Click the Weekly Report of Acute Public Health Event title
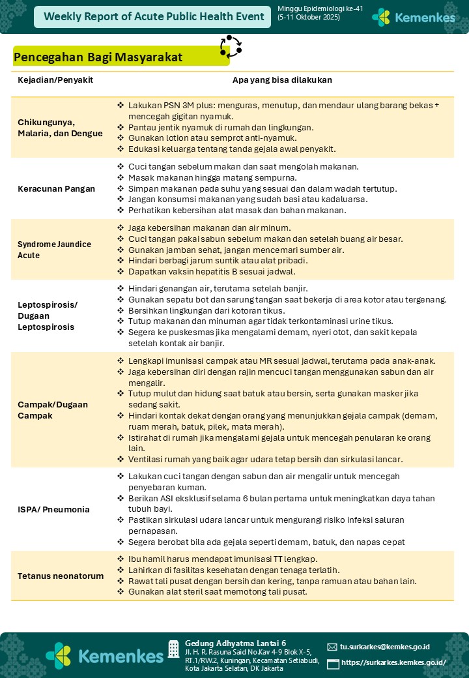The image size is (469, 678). (x=154, y=17)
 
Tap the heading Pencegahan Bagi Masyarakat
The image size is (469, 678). (x=98, y=57)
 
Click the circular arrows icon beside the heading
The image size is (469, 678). (x=231, y=46)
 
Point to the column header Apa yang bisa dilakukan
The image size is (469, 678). (x=282, y=80)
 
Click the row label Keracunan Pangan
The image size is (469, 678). (x=56, y=189)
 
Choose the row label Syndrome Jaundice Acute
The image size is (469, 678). (x=54, y=250)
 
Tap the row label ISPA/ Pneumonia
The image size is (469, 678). (x=53, y=509)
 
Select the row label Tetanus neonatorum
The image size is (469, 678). (x=61, y=576)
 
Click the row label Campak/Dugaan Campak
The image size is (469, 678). (x=52, y=409)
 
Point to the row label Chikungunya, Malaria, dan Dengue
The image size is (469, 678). (x=60, y=128)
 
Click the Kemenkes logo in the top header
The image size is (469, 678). (x=414, y=18)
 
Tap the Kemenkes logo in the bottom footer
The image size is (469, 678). (x=104, y=655)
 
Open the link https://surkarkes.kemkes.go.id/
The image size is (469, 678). (x=393, y=663)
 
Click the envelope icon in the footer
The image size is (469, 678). (x=332, y=647)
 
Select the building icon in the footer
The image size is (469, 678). (x=173, y=649)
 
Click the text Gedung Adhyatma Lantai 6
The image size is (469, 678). (x=235, y=642)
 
